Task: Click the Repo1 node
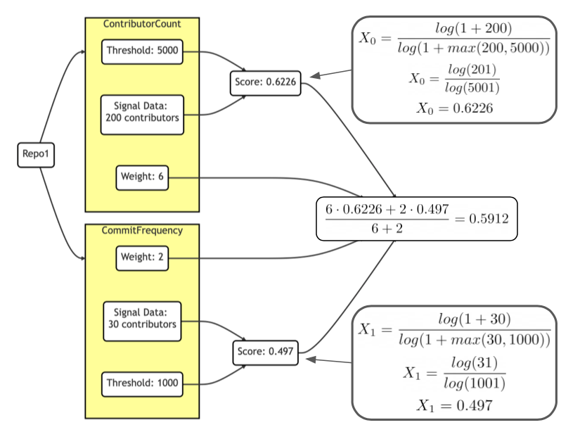pyautogui.click(x=36, y=155)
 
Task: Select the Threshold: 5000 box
pyautogui.click(x=142, y=52)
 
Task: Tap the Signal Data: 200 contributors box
pyautogui.click(x=142, y=115)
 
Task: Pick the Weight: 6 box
pyautogui.click(x=142, y=178)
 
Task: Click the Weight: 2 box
pyautogui.click(x=142, y=258)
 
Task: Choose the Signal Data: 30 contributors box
pyautogui.click(x=142, y=322)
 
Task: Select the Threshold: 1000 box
pyautogui.click(x=142, y=384)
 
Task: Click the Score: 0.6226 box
pyautogui.click(x=265, y=83)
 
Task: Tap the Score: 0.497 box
pyautogui.click(x=265, y=352)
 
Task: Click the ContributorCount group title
pyautogui.click(x=142, y=24)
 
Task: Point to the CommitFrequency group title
pyautogui.click(x=142, y=231)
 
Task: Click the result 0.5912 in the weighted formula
pyautogui.click(x=489, y=219)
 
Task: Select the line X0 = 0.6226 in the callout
pyautogui.click(x=455, y=108)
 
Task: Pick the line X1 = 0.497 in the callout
pyautogui.click(x=455, y=405)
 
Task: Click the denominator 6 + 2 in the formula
pyautogui.click(x=387, y=229)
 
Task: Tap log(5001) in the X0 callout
pyautogui.click(x=472, y=88)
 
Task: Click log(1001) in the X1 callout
pyautogui.click(x=475, y=383)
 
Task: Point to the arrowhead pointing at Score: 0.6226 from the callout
pyautogui.click(x=315, y=76)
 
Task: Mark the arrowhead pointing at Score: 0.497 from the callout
pyautogui.click(x=311, y=360)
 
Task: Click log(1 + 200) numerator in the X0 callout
pyautogui.click(x=473, y=29)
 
